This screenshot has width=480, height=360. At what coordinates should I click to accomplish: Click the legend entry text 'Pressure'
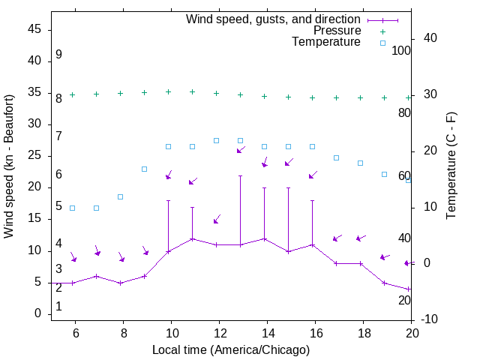pos(337,31)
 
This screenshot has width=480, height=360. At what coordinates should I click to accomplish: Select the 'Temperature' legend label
pos(326,42)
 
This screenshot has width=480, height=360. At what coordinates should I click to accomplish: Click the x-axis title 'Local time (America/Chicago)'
pos(231,349)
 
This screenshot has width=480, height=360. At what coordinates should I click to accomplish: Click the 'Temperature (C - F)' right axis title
pos(451,166)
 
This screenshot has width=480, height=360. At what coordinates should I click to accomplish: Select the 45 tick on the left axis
pos(34,29)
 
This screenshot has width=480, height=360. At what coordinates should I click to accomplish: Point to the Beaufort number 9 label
pos(58,55)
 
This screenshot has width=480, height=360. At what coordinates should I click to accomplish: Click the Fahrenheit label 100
pos(401,51)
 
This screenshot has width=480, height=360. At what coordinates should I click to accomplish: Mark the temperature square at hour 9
pos(144,169)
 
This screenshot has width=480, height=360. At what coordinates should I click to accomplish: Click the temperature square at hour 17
pos(336,157)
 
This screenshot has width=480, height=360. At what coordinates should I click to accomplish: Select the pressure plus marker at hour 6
pos(72,94)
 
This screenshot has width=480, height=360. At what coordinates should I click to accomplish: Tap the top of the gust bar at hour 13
pos(240,176)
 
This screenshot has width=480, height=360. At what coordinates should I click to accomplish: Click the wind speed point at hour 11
pos(192,238)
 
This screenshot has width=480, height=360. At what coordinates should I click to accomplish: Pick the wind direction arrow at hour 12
pos(217,219)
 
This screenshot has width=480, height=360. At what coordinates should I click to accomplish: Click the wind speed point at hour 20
pos(408,289)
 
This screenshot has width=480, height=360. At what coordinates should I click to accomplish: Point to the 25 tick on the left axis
pos(34,156)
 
